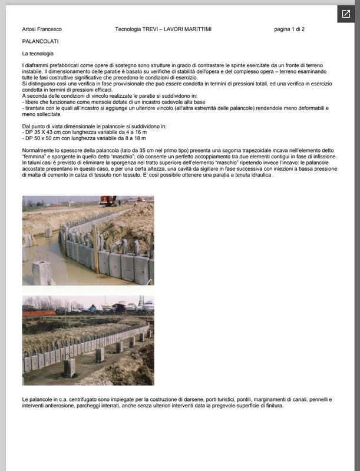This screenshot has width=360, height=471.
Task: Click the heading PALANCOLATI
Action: coord(40,41)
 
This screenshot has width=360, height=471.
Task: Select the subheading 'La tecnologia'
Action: coord(38,54)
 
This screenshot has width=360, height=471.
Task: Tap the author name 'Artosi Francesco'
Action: coord(42,29)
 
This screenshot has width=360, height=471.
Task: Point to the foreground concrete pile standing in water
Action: coord(43,273)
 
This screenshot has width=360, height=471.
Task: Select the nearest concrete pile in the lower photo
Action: coord(70,367)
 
